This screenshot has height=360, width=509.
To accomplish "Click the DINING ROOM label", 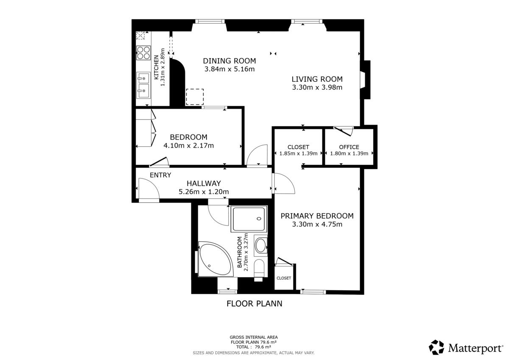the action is point(229,61).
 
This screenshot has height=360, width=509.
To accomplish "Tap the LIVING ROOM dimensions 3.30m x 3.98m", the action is point(317,87).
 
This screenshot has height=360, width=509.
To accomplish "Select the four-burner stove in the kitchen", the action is point(143,53).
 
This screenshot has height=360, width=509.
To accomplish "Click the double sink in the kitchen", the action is point(143,85).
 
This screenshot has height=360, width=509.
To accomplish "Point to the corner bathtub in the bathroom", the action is point(215,259).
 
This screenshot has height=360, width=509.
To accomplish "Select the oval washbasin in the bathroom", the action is point(260,245).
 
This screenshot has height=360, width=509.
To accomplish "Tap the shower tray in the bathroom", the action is point(249,219).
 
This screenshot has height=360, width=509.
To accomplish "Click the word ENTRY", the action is point(160,175).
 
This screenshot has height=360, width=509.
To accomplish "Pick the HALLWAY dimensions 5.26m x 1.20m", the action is point(204,192).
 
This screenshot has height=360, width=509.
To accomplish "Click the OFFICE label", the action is point(349,147).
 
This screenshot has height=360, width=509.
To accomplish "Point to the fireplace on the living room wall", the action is point(365,80).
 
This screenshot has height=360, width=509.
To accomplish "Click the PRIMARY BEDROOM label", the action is point(317,216).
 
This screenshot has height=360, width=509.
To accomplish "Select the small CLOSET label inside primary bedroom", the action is point(284,278).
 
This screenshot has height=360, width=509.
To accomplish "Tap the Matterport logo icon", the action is point(436,348).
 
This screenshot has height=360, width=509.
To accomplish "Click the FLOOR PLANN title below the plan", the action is point(254,304).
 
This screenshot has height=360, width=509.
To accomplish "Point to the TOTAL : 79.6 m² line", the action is point(254,347).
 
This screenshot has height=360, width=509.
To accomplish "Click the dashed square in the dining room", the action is point(195,97).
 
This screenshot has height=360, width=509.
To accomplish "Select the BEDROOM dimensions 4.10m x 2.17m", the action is point(189,145).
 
